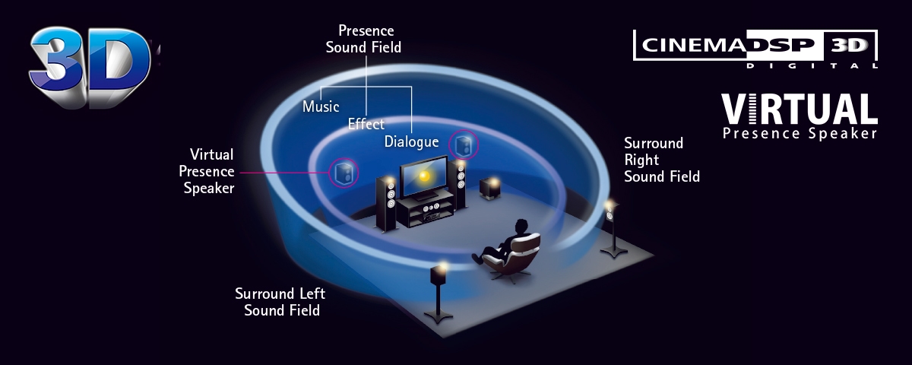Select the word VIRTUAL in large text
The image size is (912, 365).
tap(799, 109)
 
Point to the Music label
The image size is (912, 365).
tap(321, 106)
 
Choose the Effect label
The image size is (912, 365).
tap(366, 124)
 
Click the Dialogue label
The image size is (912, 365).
tap(411, 141)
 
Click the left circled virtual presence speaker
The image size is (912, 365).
tap(344, 173)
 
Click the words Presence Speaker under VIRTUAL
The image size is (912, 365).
tap(800, 134)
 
